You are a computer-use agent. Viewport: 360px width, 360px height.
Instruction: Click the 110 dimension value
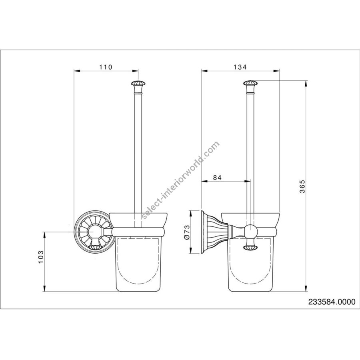tap(106, 67)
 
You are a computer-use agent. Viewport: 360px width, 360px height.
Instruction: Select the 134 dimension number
tap(240, 67)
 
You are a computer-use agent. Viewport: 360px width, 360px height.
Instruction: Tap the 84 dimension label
tap(217, 178)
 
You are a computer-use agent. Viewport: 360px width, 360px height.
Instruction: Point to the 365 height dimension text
tap(303, 186)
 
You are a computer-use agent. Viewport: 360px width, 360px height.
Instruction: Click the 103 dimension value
tap(41, 257)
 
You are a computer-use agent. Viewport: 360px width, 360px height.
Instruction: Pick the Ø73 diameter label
tap(187, 232)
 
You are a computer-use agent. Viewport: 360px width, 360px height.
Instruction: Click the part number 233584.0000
tap(332, 302)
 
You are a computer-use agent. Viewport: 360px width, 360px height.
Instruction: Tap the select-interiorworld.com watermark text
tap(180, 180)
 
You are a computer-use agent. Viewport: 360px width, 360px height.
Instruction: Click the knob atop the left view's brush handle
tap(138, 84)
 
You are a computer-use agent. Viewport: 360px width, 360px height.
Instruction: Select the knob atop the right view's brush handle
tap(250, 84)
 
